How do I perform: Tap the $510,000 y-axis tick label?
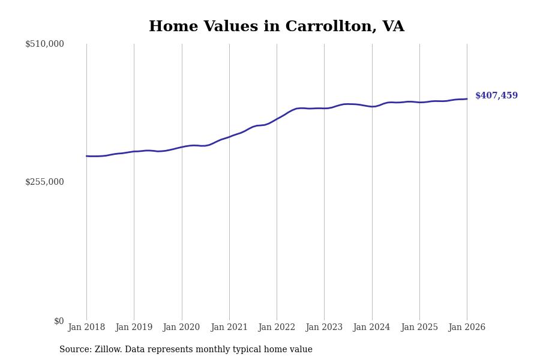pyautogui.click(x=44, y=44)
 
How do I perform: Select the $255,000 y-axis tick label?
pyautogui.click(x=44, y=182)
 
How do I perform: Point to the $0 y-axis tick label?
pyautogui.click(x=59, y=321)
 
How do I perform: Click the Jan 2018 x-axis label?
pyautogui.click(x=86, y=327)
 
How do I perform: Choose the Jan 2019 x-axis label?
pyautogui.click(x=134, y=327)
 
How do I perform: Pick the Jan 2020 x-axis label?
pyautogui.click(x=181, y=327)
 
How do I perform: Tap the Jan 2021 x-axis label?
pyautogui.click(x=229, y=327)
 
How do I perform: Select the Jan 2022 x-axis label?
pyautogui.click(x=277, y=327)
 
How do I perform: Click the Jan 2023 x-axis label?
pyautogui.click(x=324, y=327)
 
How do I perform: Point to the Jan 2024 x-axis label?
pyautogui.click(x=372, y=327)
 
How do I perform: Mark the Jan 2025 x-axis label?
pyautogui.click(x=419, y=327)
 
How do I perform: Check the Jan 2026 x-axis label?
pyautogui.click(x=467, y=327)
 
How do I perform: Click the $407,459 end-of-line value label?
pyautogui.click(x=496, y=96)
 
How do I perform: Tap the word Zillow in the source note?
pyautogui.click(x=106, y=350)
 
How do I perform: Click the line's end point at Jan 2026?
pyautogui.click(x=467, y=99)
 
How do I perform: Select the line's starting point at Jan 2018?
pyautogui.click(x=86, y=156)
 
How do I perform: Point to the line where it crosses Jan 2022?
pyautogui.click(x=277, y=119)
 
